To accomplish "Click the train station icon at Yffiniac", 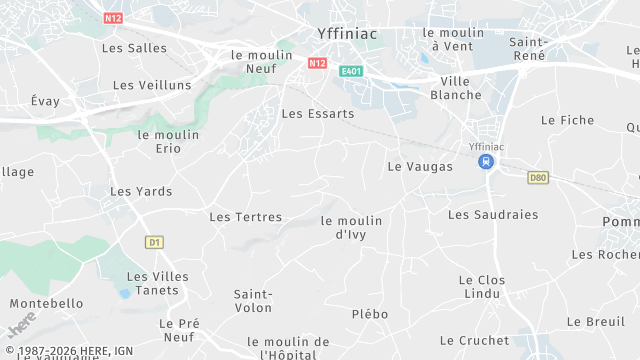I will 486,161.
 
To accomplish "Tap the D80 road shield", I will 538,177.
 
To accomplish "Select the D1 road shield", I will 153,242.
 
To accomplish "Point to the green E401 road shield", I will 349,71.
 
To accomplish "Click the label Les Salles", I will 134,47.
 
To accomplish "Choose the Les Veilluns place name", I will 152,85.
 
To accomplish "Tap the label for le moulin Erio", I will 168,141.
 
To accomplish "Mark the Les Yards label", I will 141,191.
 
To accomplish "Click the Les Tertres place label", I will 246,216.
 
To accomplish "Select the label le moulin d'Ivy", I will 352,227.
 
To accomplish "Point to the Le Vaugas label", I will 420,166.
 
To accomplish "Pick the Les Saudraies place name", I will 493,214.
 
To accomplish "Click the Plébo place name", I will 370,313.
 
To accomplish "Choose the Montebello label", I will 46,303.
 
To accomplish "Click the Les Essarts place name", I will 318,113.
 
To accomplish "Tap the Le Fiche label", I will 567,119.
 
